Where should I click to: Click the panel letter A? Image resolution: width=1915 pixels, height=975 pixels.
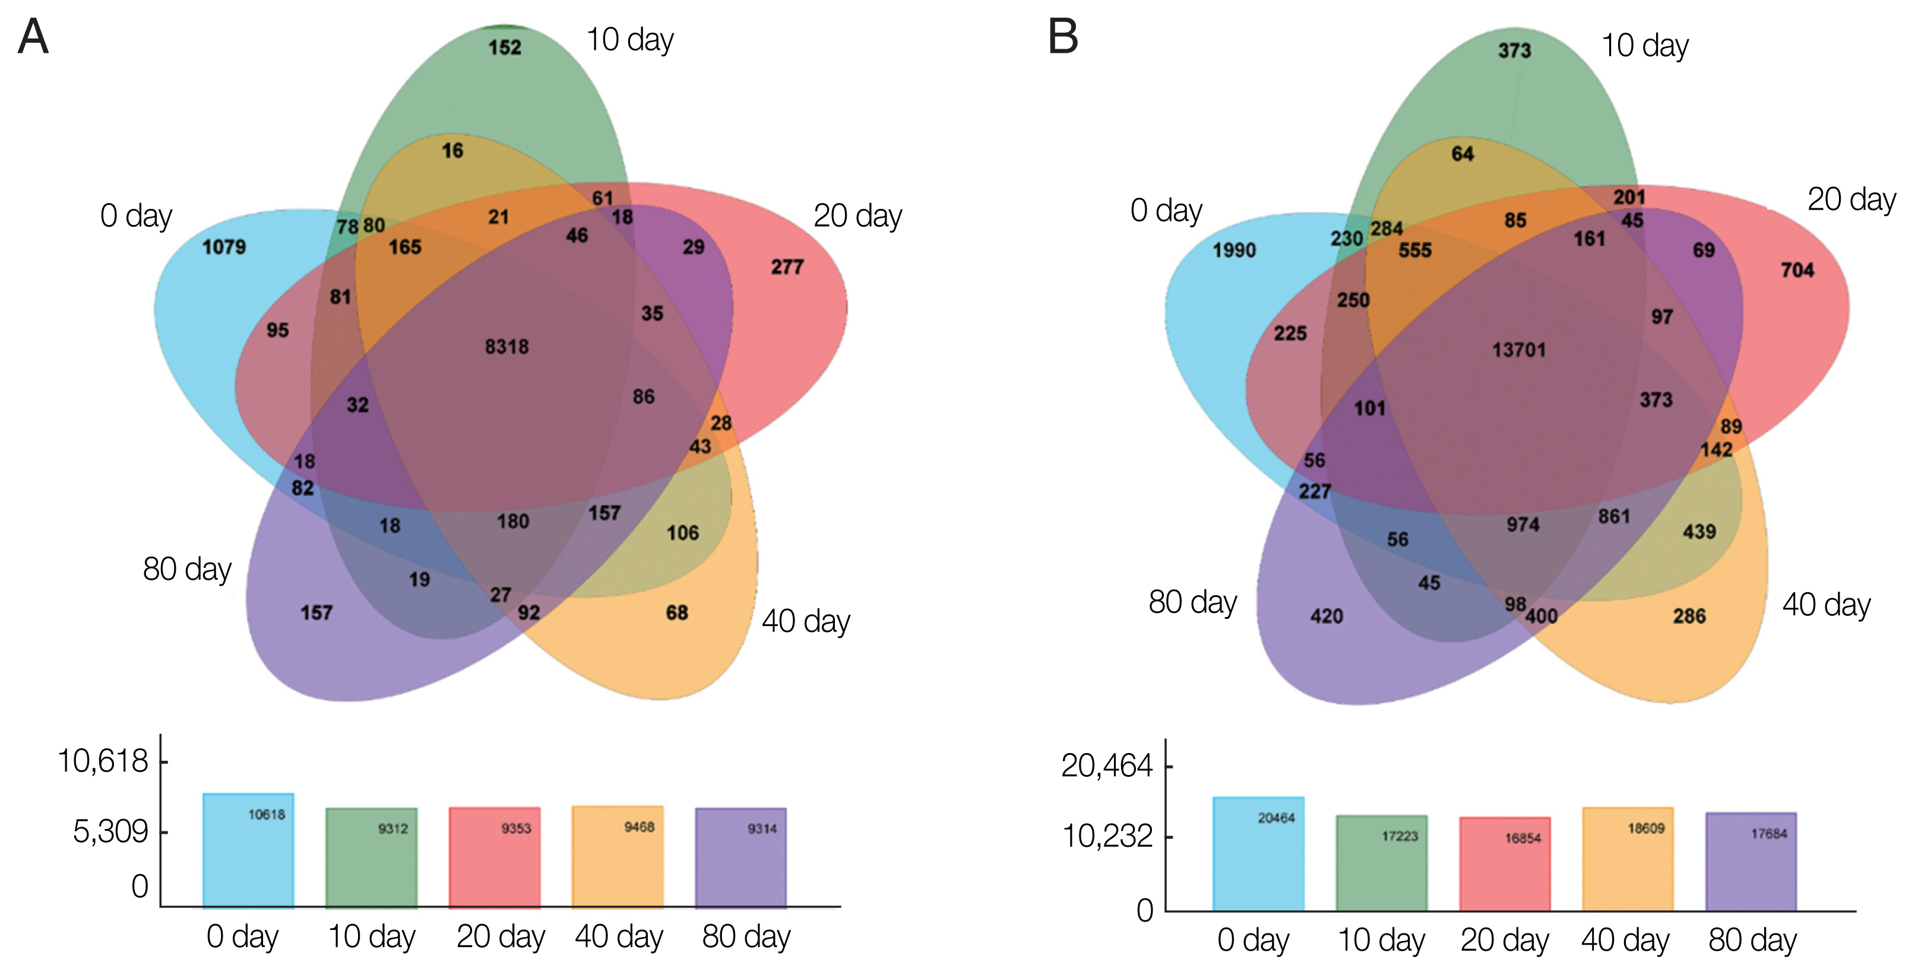(x=33, y=37)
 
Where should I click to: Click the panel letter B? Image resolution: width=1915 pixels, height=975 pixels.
(x=1063, y=37)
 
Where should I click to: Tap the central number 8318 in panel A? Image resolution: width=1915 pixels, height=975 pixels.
(x=507, y=347)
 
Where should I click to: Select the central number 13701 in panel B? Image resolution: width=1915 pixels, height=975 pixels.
(x=1519, y=350)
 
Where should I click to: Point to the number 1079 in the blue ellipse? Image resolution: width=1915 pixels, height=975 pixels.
(x=224, y=247)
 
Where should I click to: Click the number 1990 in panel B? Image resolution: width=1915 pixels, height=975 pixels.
(x=1234, y=250)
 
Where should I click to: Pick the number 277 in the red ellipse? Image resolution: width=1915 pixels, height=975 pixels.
(x=787, y=267)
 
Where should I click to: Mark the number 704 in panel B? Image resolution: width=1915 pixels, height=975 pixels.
(x=1797, y=271)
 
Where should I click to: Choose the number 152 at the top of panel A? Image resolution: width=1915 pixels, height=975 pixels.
(x=505, y=48)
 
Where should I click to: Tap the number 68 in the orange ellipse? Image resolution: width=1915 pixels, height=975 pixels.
(x=676, y=613)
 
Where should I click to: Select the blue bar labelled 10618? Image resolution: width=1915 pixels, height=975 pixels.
(x=248, y=851)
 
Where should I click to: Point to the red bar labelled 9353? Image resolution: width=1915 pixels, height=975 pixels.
(x=495, y=858)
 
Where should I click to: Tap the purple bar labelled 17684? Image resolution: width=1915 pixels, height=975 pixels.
(x=1751, y=862)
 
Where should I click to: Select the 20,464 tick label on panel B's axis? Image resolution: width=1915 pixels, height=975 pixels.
(x=1107, y=766)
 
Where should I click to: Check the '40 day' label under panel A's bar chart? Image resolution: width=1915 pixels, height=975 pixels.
(x=619, y=937)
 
